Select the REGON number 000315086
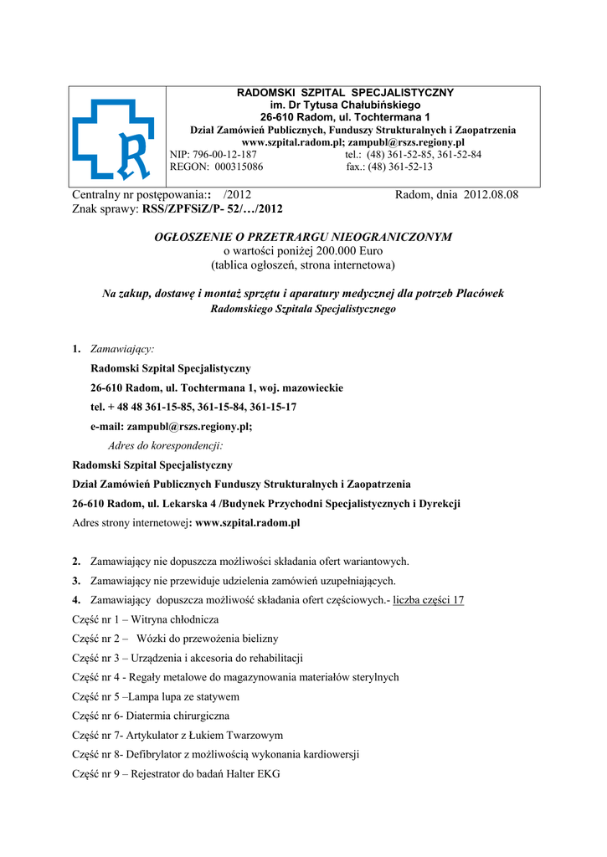(x=239, y=167)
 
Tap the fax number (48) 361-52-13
(x=401, y=167)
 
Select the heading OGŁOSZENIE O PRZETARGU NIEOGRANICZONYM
(x=303, y=237)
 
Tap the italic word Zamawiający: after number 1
(x=122, y=348)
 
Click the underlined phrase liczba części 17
(x=428, y=600)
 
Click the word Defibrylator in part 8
(x=153, y=754)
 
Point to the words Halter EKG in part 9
(x=251, y=774)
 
